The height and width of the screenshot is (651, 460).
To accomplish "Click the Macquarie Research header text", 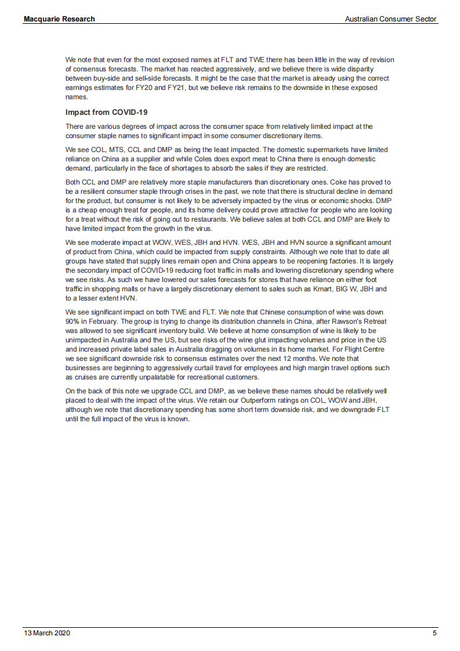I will point(59,19).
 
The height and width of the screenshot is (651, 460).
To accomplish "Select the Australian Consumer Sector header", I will point(390,19).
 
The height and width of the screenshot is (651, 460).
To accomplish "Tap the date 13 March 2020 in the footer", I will point(46,633).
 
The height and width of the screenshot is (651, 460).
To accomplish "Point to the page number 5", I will point(434,633).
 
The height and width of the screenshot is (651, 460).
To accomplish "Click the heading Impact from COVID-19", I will point(107,113).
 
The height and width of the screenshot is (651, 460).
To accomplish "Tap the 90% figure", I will point(73,321).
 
